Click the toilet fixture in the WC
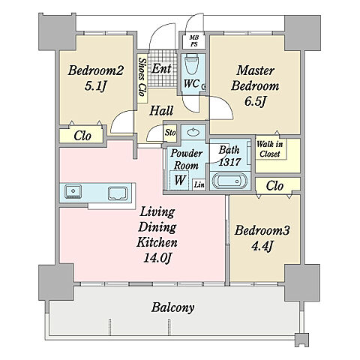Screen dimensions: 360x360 (x=192, y=64)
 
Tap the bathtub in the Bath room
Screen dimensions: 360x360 (x=229, y=181)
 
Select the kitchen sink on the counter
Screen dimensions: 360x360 (x=73, y=191)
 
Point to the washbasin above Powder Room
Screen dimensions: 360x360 (x=193, y=132)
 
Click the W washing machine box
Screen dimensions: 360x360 (x=179, y=179)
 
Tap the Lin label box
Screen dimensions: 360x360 (x=199, y=184)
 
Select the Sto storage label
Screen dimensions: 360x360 (x=170, y=133)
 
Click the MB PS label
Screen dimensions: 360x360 (x=193, y=40)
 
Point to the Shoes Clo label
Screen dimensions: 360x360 (x=142, y=77)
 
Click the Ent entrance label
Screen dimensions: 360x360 (x=161, y=68)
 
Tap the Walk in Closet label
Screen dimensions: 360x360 (x=270, y=149)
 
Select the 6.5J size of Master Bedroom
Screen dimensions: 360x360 (x=254, y=101)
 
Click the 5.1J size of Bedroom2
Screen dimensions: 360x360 (x=95, y=86)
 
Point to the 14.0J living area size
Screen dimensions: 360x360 (x=157, y=258)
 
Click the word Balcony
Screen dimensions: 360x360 (x=172, y=307)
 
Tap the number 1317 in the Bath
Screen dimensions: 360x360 (x=229, y=162)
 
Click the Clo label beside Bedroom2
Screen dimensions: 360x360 (x=82, y=136)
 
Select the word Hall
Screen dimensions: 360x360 (x=161, y=110)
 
